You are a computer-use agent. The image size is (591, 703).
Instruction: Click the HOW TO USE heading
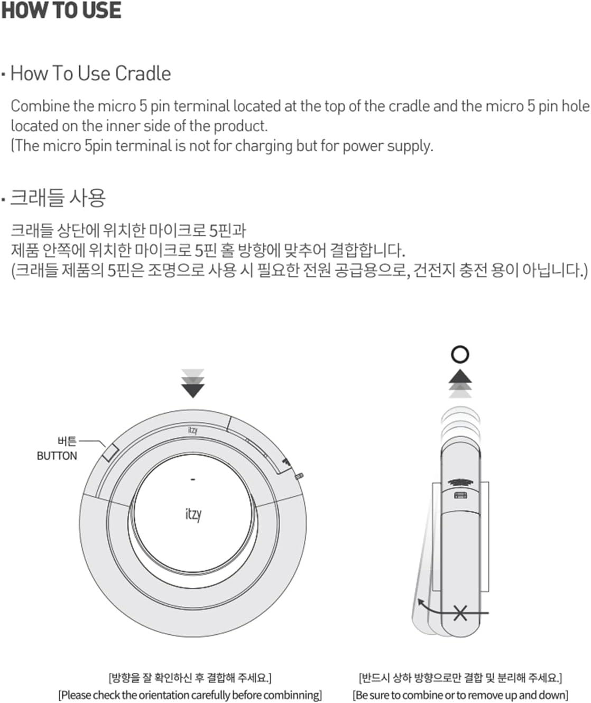(x=61, y=11)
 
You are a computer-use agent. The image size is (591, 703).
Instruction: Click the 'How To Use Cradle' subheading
(x=90, y=73)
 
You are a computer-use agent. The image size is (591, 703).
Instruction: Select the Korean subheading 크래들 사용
(x=58, y=198)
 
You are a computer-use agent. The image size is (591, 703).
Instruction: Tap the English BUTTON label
(x=57, y=456)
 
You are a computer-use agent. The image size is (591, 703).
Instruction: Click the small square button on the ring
(x=110, y=452)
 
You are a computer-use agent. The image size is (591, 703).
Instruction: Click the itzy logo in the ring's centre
(x=193, y=514)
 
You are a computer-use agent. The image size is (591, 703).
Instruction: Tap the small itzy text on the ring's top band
(x=193, y=430)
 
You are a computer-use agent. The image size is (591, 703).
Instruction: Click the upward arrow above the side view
(x=460, y=376)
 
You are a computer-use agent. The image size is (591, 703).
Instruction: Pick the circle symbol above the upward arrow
(x=460, y=354)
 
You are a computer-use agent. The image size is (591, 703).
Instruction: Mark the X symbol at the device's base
(x=460, y=614)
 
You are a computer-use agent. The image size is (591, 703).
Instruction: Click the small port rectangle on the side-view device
(x=460, y=495)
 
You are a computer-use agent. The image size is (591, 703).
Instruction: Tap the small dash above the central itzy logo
(x=193, y=480)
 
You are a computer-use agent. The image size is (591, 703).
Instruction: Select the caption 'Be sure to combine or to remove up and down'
(x=460, y=695)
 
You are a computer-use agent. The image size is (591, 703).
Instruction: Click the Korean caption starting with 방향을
(x=190, y=678)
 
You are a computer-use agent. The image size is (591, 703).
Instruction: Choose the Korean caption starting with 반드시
(x=460, y=678)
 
